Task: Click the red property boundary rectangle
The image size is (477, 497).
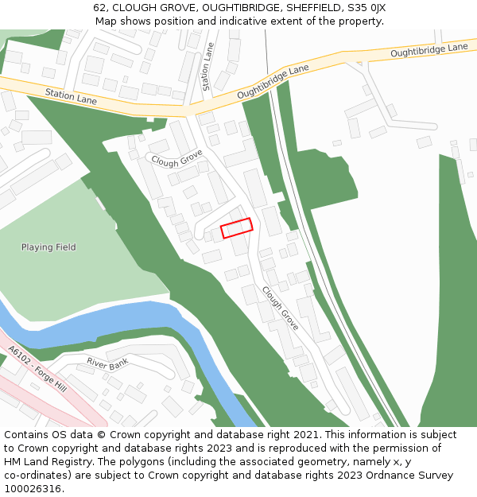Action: click(x=236, y=228)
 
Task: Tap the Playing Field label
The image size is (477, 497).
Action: click(x=48, y=247)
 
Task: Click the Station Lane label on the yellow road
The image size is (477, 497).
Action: click(x=71, y=96)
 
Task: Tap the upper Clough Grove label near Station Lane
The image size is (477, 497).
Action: click(x=176, y=158)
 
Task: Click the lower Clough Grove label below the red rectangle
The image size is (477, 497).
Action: click(x=281, y=309)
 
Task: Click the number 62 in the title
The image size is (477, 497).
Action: click(x=99, y=7)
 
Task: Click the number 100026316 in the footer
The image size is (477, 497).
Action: click(x=33, y=489)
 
